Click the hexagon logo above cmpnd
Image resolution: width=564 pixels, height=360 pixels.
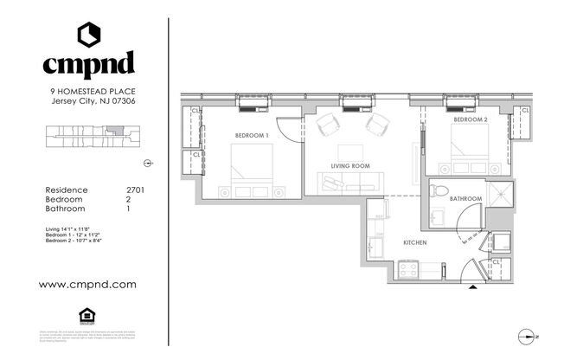point(90,34)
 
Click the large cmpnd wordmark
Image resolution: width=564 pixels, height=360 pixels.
point(89,65)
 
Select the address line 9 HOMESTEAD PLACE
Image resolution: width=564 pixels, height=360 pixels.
point(93,91)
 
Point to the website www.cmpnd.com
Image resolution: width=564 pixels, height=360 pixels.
point(88,283)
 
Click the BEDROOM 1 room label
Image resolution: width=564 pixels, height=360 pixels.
point(252,136)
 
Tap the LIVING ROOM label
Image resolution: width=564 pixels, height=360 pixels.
point(350,165)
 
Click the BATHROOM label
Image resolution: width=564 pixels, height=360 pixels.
point(465,199)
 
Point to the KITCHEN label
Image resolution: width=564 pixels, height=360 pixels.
point(415,243)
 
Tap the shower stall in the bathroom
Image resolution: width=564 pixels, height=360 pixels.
point(501,195)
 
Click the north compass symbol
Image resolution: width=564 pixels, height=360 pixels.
point(529,337)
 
